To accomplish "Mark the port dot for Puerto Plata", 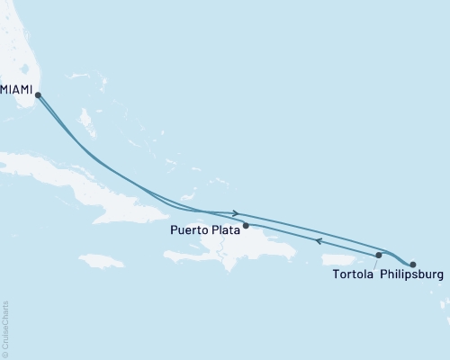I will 245,225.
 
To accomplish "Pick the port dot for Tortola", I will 379,256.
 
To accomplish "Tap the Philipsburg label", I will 411,274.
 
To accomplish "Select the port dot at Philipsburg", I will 412,265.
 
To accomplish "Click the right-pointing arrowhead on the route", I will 235,213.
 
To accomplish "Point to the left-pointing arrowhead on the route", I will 318,240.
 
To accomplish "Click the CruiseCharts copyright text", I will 5,328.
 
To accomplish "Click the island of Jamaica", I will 101,261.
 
